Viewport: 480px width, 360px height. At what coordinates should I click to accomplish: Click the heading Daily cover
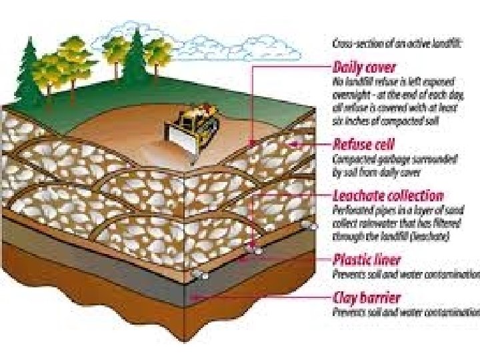[364, 67]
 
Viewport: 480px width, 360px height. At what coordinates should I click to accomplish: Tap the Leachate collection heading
[387, 195]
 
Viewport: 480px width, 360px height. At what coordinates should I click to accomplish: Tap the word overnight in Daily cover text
[350, 95]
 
